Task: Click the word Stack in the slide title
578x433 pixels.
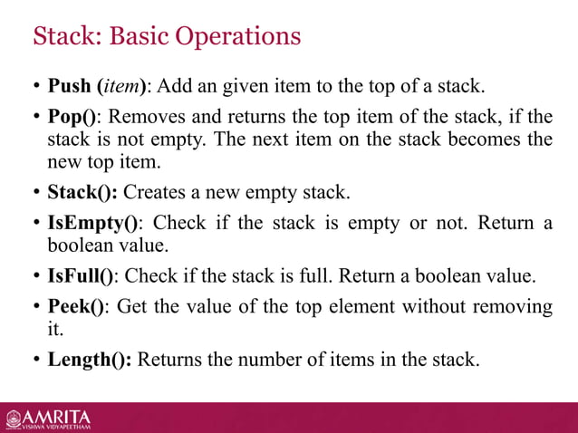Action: pyautogui.click(x=60, y=37)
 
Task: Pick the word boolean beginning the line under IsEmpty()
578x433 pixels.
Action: pyautogui.click(x=78, y=245)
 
